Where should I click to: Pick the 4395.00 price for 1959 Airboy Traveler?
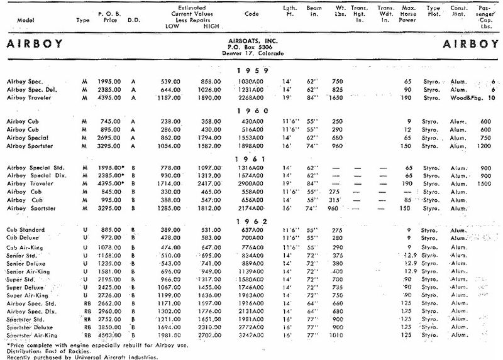point(109,98)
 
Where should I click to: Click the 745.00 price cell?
point(109,121)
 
